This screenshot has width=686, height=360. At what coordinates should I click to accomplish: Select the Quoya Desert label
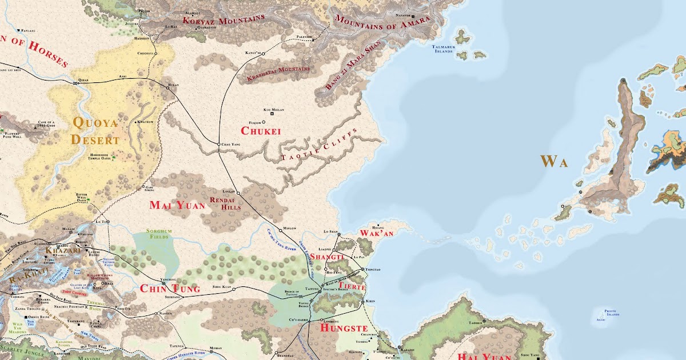95,131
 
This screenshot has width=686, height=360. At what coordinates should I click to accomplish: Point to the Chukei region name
261,131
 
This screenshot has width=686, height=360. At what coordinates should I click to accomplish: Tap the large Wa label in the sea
555,162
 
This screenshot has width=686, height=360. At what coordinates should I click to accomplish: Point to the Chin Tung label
170,289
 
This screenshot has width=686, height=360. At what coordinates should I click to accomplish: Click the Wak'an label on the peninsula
377,234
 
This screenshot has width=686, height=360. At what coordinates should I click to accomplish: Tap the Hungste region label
343,329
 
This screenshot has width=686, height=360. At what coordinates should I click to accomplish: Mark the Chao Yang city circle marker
218,144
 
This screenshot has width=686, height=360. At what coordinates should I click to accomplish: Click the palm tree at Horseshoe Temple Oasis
113,158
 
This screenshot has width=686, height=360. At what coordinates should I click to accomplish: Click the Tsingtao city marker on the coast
362,269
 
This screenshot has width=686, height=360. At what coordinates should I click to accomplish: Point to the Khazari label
59,250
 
